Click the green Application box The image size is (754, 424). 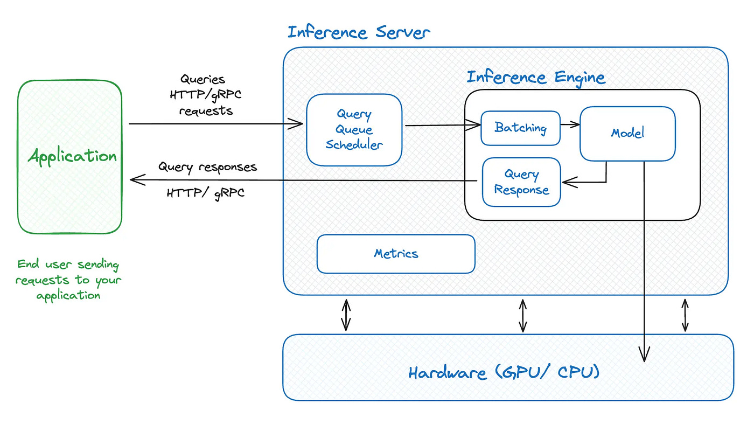70,157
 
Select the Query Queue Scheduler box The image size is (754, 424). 354,130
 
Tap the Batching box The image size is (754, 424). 520,128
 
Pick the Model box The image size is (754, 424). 627,133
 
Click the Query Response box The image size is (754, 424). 521,182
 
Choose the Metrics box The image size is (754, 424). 396,253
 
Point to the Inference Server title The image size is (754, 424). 359,32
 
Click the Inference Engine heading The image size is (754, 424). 536,77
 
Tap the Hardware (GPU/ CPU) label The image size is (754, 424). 504,373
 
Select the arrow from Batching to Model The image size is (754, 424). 570,124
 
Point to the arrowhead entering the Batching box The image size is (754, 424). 474,126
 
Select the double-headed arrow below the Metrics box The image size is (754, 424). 346,315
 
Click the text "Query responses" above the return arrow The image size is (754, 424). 207,167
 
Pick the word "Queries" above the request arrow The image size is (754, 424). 203,80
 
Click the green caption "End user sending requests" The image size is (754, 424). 68,280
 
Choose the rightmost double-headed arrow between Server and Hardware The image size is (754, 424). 685,315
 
